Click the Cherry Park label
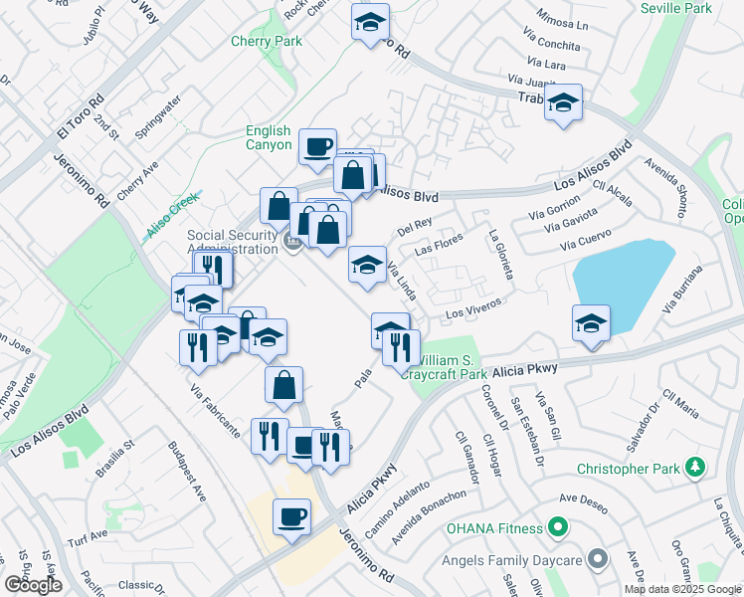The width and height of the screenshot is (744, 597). point(266,42)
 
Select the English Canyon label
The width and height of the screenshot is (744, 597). point(269,137)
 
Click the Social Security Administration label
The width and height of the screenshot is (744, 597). point(232,242)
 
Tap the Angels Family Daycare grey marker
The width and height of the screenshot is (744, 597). point(597,560)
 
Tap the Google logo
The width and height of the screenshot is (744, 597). point(33,585)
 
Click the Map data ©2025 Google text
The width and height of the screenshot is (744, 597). point(683,589)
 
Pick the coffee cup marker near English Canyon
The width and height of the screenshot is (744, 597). point(318,147)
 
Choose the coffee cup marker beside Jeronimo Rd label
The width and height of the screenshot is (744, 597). point(291,516)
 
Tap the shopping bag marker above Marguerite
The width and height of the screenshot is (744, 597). point(283,384)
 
